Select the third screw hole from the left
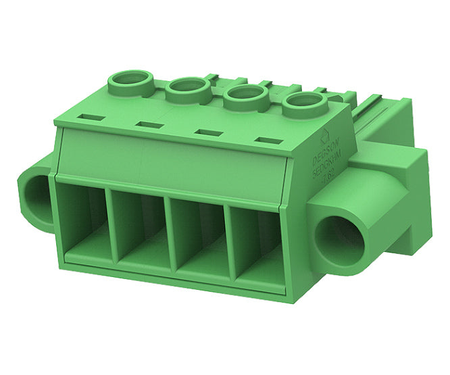coord(245,96)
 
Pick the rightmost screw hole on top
coord(304,104)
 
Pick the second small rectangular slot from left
coord(148,124)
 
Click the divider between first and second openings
coord(112,230)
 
